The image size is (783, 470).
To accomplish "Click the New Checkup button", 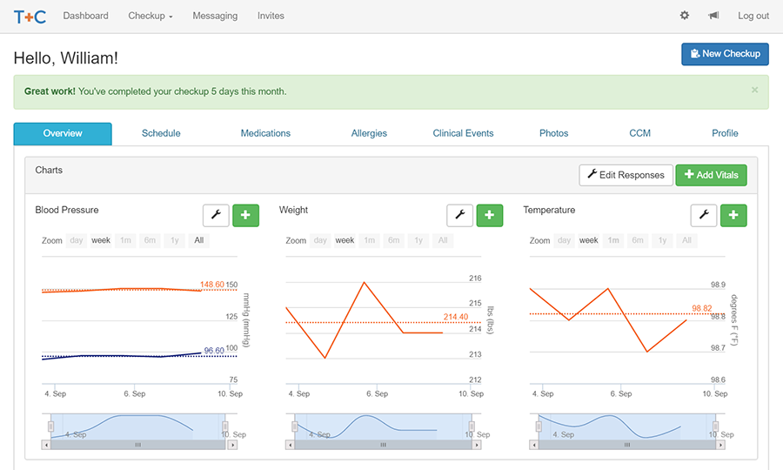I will point(725,54).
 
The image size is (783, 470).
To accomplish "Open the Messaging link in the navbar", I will point(215,16).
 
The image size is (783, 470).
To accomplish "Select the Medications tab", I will point(265,133).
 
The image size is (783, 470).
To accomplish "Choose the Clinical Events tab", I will point(463,133).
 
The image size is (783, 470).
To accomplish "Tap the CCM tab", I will point(639,133).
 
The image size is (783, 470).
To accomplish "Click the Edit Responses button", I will point(626,175).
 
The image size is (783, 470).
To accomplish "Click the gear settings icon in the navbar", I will point(685,16).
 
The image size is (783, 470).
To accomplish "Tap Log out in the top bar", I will point(753,16).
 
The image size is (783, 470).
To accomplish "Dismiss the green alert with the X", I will point(754,90).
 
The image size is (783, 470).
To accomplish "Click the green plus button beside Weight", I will point(490,215).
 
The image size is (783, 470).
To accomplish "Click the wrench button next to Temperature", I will point(704,215).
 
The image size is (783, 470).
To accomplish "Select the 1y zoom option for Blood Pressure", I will point(175,240).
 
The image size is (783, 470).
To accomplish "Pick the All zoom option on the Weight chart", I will point(443,240).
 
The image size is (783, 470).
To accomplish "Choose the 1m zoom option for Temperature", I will point(613,240).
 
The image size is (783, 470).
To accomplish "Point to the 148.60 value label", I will point(212,285).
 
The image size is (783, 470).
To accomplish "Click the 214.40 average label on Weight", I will point(456,317).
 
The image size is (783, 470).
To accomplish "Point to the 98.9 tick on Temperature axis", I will point(718,285).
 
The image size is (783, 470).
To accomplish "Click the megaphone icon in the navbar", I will point(714,16).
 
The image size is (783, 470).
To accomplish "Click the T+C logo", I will point(30,16).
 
